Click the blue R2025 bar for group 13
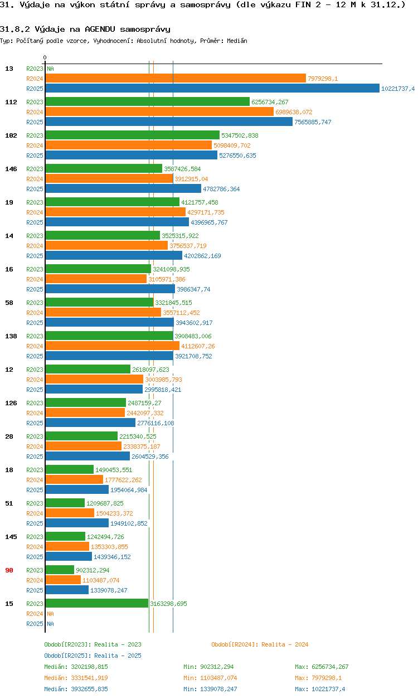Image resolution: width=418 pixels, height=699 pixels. point(212,89)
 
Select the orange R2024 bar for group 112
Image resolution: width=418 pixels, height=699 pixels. point(159,112)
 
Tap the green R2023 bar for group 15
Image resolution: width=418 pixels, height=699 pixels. point(96,604)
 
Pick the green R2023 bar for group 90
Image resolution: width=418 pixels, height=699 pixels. point(60,570)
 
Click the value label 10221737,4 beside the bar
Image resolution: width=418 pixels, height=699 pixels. point(397,89)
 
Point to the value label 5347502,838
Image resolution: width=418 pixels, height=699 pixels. point(240,135)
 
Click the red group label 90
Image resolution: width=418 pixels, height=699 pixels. point(9,570)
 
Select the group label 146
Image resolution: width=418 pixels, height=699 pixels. point(11,169)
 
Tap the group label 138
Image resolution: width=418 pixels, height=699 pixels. point(11,336)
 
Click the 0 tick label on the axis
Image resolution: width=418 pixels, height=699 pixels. point(45,57)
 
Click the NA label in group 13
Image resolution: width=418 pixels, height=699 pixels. point(50,69)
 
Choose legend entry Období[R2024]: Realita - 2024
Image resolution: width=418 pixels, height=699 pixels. point(260,644)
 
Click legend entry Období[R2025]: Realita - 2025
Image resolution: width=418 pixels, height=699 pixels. point(93,656)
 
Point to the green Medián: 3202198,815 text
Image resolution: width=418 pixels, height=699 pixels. point(76,667)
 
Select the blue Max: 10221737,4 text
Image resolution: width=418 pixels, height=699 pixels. point(320,689)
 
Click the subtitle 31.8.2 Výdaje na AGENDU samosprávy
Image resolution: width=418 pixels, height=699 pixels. point(85,29)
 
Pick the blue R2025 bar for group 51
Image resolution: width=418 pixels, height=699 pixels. point(77,523)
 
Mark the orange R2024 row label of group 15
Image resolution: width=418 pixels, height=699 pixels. point(35,614)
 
